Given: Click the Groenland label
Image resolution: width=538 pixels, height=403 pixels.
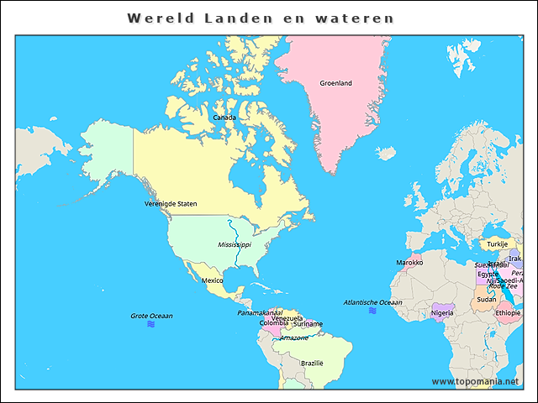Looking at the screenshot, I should tap(335, 83).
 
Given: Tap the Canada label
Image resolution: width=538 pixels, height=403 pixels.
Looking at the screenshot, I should tap(224, 118).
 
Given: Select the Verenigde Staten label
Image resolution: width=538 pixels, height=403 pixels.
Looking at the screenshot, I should tap(171, 203).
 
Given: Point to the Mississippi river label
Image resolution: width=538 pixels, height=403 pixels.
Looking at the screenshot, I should tap(235, 244).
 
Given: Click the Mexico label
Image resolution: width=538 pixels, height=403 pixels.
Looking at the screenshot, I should tap(212, 280).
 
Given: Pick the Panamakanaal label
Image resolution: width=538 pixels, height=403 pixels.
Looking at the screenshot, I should tap(260, 312).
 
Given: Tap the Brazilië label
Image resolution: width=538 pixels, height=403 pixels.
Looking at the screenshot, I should tap(312, 363).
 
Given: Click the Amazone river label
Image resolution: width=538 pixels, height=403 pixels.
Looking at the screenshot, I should tap(294, 338).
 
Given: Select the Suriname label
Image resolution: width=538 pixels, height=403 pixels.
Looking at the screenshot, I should tap(308, 323).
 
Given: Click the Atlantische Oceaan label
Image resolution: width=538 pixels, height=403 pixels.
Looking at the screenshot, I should tap(372, 302).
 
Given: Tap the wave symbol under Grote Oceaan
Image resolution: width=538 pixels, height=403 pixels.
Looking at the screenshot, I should tap(151, 323).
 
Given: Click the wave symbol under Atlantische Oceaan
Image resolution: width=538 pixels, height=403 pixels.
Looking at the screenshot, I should tap(372, 311).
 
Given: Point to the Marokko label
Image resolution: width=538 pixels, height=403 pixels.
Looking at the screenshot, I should tap(409, 262).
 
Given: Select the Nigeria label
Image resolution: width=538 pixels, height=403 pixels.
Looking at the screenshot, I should tap(442, 312).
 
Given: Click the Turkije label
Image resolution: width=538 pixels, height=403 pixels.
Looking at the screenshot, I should tap(498, 243).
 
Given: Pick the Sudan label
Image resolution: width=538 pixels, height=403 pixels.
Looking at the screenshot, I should tap(486, 299).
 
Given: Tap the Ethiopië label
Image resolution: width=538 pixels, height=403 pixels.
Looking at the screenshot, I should tap(508, 312).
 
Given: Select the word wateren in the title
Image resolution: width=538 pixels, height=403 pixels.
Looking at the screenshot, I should tap(353, 18).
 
